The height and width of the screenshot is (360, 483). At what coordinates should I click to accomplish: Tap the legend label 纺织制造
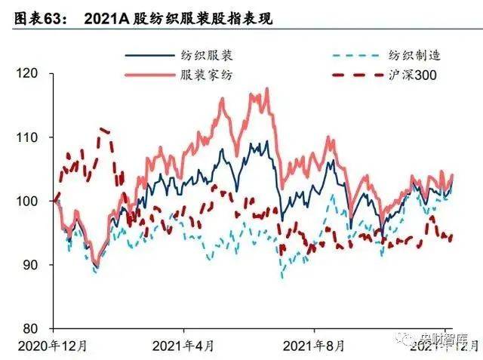coord(414,54)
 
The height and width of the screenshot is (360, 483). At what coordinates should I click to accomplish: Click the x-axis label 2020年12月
coord(52,346)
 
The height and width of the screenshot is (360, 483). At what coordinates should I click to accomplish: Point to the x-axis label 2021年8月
coord(312,346)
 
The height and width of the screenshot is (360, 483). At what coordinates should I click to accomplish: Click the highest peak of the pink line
coord(266,90)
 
